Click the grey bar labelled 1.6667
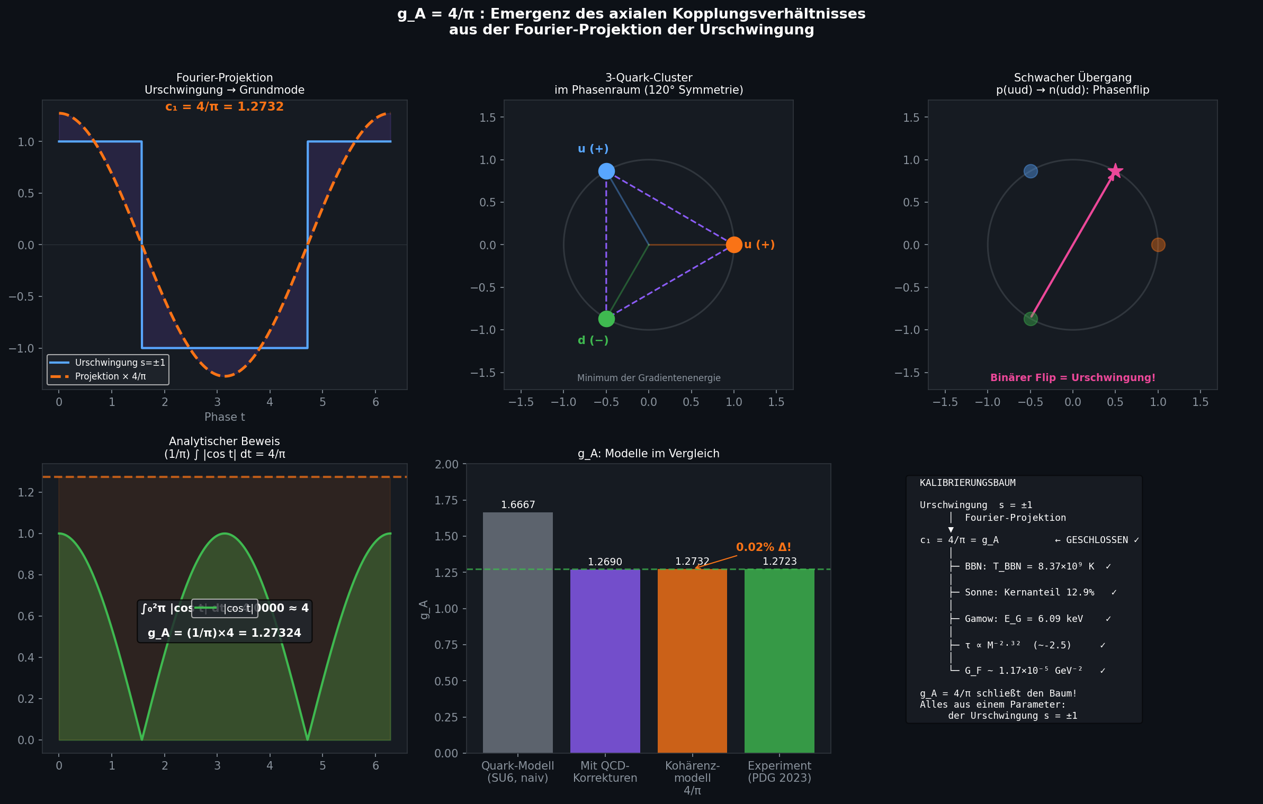[517, 632]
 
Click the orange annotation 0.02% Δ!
[763, 547]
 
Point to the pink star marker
[1115, 171]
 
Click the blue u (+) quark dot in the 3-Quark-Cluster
[606, 171]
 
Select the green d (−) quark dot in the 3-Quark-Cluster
[606, 319]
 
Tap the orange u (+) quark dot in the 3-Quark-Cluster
[733, 245]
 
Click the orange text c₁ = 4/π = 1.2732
[225, 106]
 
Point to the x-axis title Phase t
[225, 417]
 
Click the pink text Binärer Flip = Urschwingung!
[1073, 377]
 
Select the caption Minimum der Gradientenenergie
[649, 378]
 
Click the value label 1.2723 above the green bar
[780, 561]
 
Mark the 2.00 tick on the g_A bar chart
[446, 464]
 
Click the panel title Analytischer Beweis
[225, 441]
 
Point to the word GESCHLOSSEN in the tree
[1097, 540]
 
